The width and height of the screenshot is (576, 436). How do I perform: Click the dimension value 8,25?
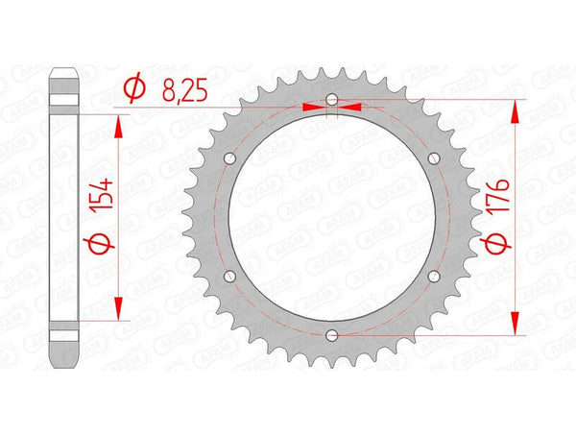click(x=180, y=91)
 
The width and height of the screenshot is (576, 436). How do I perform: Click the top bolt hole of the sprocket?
click(x=331, y=99)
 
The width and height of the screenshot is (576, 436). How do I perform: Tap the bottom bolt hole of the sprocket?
click(x=331, y=334)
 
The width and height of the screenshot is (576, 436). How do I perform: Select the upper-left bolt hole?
click(x=229, y=157)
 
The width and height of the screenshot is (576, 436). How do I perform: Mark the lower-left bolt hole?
click(x=229, y=276)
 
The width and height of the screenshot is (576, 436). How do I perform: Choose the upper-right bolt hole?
click(x=433, y=157)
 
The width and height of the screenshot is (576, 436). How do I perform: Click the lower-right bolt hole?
click(x=433, y=276)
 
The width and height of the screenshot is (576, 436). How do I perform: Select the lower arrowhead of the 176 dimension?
click(x=517, y=323)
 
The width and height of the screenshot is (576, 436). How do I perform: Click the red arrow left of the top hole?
click(x=313, y=108)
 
